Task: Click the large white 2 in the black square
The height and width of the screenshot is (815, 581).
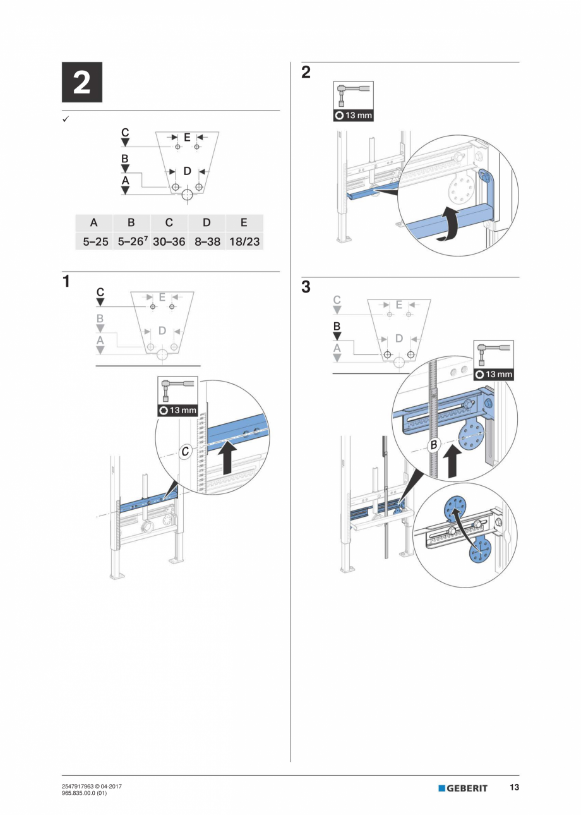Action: pos(81,83)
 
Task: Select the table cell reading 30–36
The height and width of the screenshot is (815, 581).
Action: pos(169,241)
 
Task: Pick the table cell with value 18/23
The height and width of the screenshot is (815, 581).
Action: pos(244,241)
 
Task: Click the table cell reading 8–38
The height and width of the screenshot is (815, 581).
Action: pos(207,241)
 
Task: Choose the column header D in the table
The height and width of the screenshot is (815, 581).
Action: pos(207,223)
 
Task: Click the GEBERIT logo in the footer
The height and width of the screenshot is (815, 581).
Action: pos(463,788)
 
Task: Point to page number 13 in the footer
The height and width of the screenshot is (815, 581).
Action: pos(514,787)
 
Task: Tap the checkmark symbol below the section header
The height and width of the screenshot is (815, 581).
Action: pos(66,119)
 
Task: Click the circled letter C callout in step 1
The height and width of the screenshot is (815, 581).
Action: pos(186,452)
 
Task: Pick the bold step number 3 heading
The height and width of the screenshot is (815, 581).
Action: pos(306,287)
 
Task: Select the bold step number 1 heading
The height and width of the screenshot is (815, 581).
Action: pos(66,281)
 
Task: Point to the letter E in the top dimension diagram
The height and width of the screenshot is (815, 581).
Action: pos(187,136)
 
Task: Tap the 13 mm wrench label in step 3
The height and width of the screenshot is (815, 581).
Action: pos(493,374)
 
